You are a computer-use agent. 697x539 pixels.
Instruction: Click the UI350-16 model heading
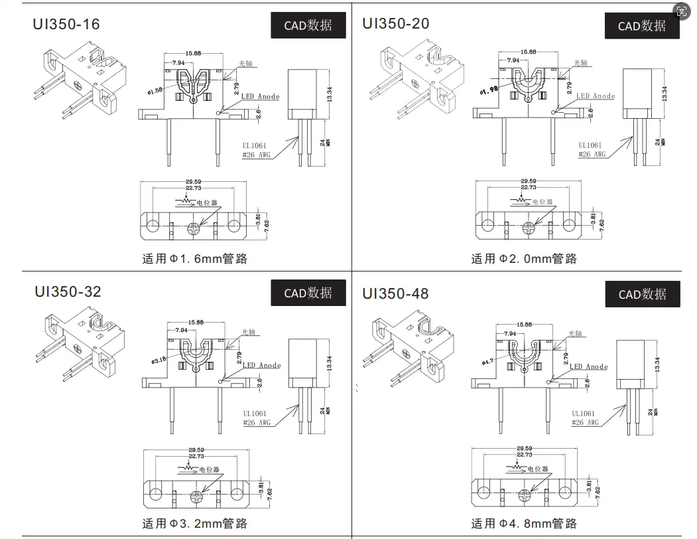coord(66,25)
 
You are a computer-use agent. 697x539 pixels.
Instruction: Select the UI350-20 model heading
coord(395,23)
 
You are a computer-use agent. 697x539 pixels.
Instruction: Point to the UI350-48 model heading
coord(395,293)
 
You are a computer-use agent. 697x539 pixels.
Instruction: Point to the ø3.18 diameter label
coord(158,360)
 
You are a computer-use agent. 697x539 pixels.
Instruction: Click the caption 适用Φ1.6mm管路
coord(195,259)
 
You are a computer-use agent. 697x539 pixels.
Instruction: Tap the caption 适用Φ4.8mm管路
coord(524,524)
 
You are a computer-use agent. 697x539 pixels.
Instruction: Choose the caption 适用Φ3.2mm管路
coord(195,524)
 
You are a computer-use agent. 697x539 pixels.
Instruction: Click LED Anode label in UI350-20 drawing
coord(595,96)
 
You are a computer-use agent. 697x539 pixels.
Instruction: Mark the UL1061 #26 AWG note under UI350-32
coord(257,418)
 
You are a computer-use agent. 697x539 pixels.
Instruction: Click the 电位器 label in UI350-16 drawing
coord(207,202)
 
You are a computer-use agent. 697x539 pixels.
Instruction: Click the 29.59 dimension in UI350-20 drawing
coord(528,181)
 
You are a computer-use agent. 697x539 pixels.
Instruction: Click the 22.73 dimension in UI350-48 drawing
coord(524,455)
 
